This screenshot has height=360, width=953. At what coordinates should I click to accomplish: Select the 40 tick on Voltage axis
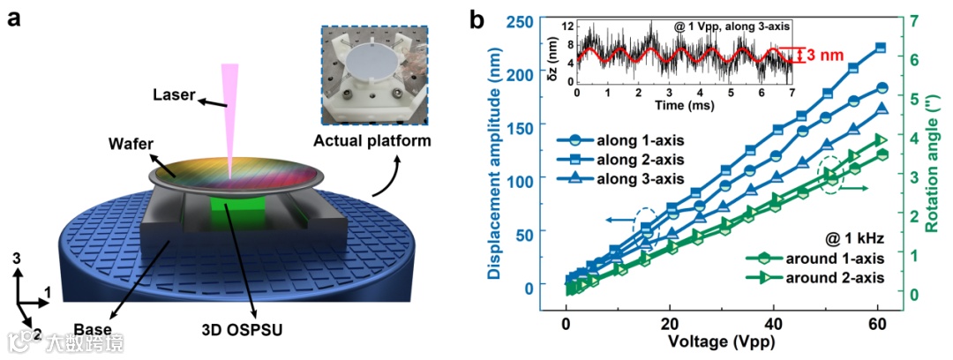point(774,322)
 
